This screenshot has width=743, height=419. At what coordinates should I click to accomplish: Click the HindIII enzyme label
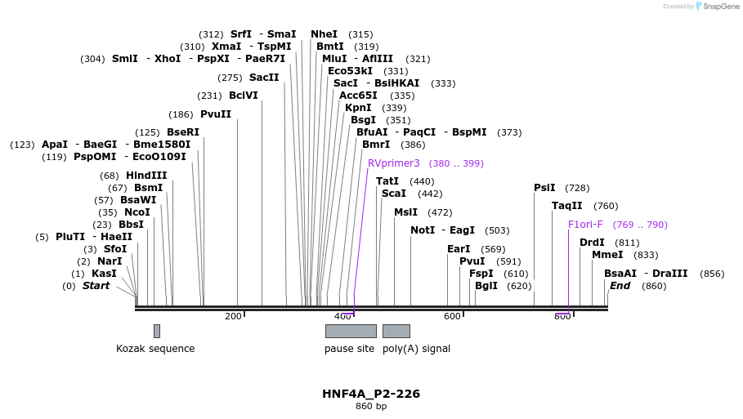click(x=146, y=176)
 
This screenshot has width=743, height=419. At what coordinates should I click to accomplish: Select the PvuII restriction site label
click(x=216, y=114)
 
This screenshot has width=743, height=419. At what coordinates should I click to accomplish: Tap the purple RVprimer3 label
click(x=393, y=163)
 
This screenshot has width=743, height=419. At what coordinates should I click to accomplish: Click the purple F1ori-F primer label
click(x=585, y=225)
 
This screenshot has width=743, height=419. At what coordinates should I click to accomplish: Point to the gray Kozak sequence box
click(x=157, y=331)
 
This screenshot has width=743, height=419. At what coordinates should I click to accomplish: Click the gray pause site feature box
click(x=351, y=331)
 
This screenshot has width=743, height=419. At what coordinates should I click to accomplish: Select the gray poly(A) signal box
click(x=396, y=331)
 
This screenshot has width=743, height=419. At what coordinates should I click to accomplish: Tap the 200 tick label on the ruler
click(x=233, y=316)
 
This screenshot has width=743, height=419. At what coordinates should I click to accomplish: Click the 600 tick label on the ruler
click(x=452, y=316)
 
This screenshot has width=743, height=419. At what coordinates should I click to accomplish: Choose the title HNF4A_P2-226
click(x=371, y=394)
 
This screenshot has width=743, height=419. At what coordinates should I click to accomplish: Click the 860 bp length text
click(x=371, y=406)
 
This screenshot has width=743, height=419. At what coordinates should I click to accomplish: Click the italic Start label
click(x=96, y=286)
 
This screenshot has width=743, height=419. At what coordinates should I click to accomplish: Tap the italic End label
click(x=620, y=286)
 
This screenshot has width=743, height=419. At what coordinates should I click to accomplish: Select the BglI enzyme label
click(x=486, y=286)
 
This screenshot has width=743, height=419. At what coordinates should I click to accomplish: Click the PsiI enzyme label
click(x=544, y=188)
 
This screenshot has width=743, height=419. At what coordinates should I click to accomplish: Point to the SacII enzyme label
click(x=264, y=78)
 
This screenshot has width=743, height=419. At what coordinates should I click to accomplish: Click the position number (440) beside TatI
click(x=422, y=181)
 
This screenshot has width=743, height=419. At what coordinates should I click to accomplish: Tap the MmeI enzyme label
click(x=607, y=255)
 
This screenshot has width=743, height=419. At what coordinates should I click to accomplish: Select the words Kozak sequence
click(x=155, y=349)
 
